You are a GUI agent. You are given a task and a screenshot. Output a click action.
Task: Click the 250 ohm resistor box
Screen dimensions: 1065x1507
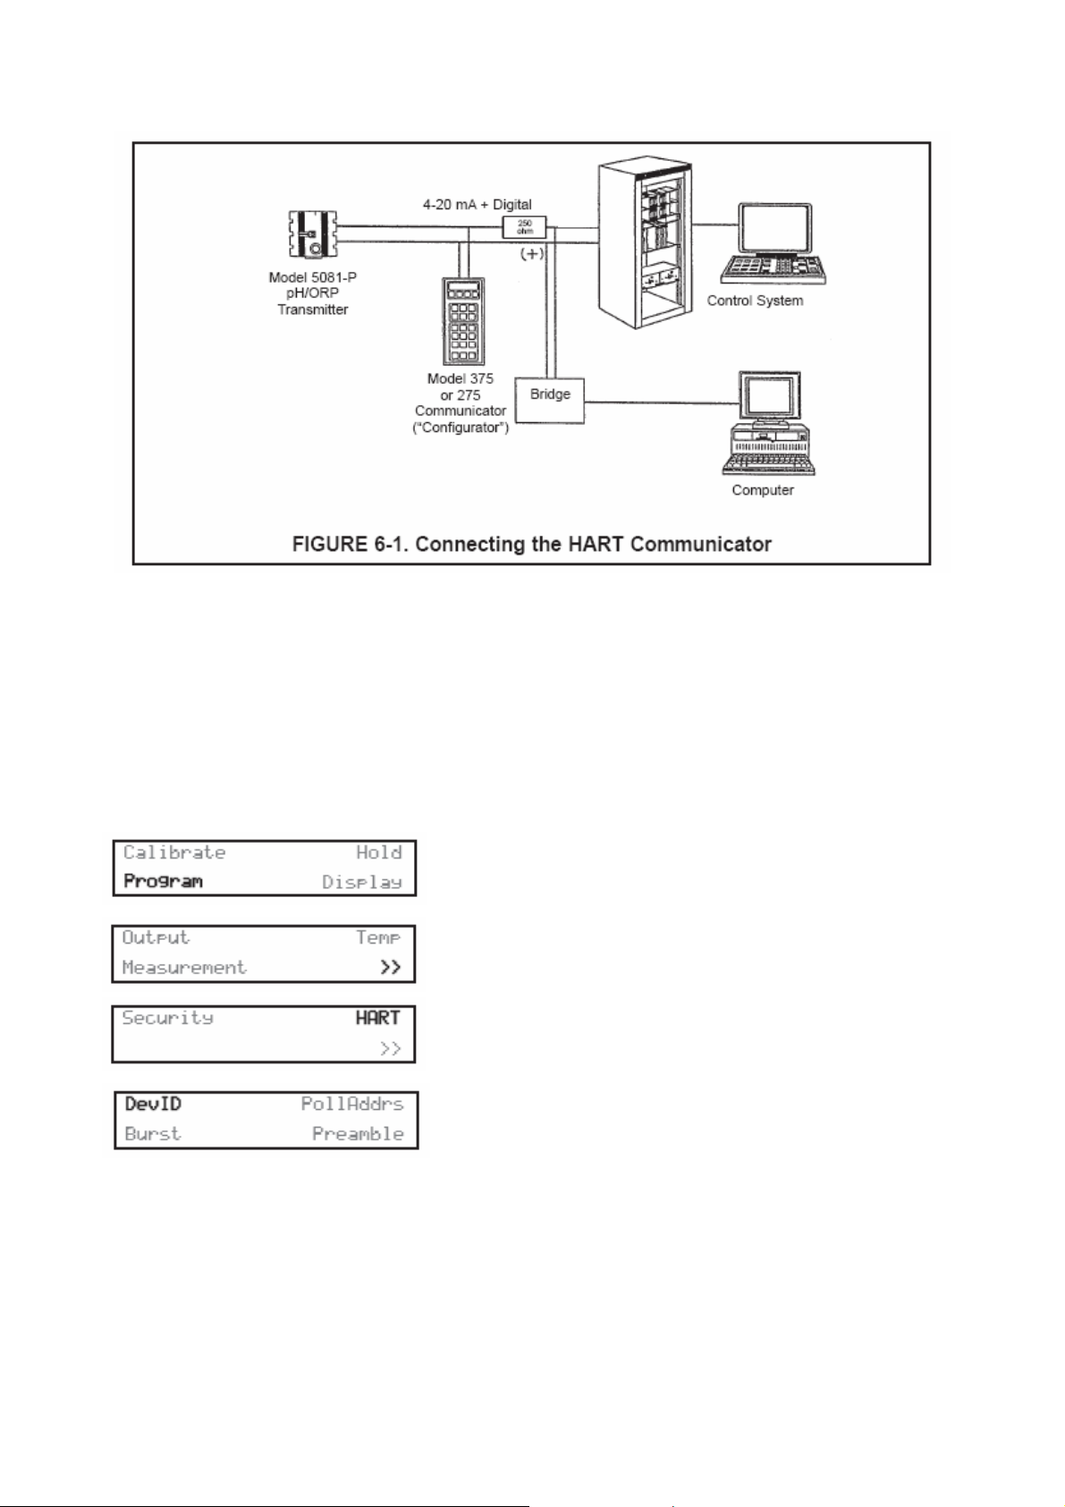525,227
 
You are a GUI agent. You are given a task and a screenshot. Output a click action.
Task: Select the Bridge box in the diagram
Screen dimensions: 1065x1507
549,399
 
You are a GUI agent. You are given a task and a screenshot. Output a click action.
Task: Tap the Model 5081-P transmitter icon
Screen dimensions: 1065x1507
312,234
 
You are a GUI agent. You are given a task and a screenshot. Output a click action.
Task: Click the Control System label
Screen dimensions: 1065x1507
755,301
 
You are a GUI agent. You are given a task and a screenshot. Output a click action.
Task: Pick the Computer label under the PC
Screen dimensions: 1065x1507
763,490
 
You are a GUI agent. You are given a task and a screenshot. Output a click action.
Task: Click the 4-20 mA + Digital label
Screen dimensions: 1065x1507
478,205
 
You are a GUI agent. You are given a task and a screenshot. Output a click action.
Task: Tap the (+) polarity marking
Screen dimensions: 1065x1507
532,253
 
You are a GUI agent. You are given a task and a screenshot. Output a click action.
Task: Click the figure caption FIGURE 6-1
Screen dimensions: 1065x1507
531,544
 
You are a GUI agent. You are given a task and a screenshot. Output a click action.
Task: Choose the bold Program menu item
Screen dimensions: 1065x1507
164,882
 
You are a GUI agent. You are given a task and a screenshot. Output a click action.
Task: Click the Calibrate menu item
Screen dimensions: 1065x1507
174,852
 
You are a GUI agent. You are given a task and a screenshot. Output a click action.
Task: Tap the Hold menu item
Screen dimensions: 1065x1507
379,852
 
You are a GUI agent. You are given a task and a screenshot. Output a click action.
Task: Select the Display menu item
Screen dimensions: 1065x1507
362,882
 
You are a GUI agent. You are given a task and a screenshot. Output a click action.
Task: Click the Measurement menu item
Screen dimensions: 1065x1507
184,968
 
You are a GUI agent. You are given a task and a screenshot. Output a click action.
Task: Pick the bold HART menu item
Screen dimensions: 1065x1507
377,1018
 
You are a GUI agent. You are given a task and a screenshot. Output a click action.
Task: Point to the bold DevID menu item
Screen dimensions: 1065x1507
153,1105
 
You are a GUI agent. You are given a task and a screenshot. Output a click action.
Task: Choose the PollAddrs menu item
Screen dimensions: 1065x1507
352,1105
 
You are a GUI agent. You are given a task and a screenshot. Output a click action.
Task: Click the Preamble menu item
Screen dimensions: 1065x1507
358,1134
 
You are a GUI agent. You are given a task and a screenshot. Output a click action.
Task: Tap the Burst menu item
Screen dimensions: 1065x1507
153,1134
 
